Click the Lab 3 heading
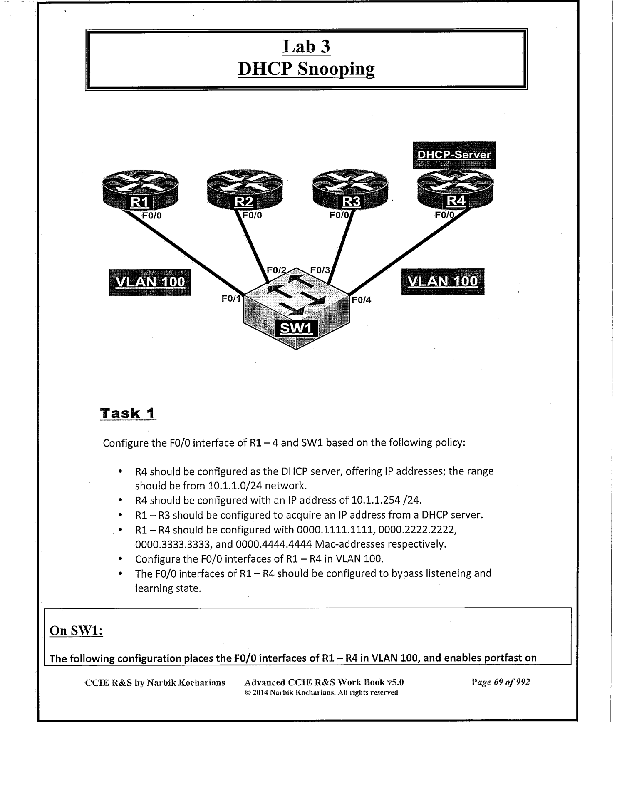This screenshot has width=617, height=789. tap(306, 47)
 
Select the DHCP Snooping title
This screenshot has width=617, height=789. tap(306, 69)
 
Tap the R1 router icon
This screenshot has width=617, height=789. tap(140, 190)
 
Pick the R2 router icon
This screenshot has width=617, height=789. tap(244, 190)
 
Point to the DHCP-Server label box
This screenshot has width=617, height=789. tap(454, 155)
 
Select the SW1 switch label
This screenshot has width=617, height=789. tap(296, 329)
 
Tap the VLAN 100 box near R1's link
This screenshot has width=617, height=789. tap(150, 282)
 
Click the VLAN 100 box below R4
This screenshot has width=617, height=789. tap(443, 282)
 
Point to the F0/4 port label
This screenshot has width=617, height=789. tap(362, 300)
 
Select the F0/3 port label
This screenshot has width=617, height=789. tap(320, 270)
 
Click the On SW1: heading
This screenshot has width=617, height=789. tap(76, 630)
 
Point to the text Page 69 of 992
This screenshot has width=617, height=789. tap(501, 682)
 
